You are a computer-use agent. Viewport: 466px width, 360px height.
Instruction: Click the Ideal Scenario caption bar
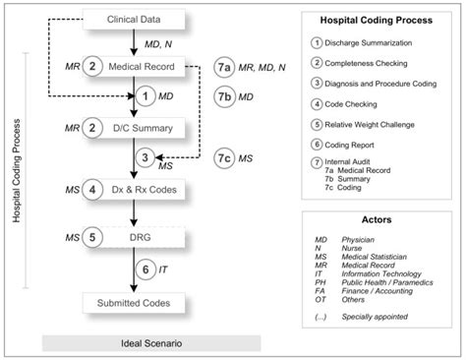click(150, 342)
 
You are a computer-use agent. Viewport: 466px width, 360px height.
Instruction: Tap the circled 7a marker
click(226, 67)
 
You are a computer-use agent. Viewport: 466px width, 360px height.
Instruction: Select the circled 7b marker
click(226, 96)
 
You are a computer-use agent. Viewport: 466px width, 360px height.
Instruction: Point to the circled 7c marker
click(226, 157)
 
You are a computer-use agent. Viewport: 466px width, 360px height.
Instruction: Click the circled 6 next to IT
click(145, 269)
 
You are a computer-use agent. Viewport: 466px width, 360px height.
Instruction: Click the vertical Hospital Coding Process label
click(15, 167)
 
